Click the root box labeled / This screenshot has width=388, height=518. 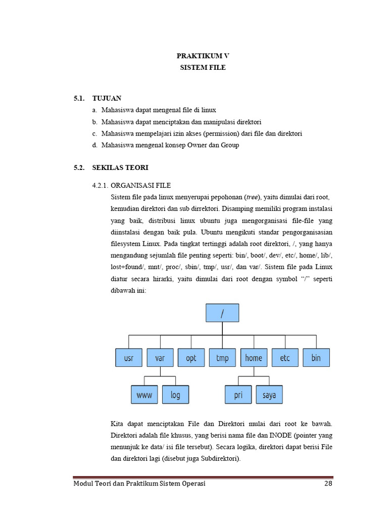coord(222,313)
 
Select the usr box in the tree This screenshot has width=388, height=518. coord(129,358)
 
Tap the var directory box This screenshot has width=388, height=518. coord(160,358)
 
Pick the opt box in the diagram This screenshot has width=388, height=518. coord(191,358)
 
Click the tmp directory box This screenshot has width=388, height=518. coord(222,358)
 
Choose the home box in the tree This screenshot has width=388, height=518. coord(254,358)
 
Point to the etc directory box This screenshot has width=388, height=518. coord(285,358)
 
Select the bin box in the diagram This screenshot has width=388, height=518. coord(316,358)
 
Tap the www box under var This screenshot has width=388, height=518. coord(144,395)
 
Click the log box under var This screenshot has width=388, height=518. coord(175,395)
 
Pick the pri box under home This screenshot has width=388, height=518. coord(238,395)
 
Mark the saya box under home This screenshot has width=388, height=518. coord(269,395)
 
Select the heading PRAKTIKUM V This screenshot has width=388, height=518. coord(203,56)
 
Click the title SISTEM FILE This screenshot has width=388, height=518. coord(203,68)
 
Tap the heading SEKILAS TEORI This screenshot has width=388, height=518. coord(120,167)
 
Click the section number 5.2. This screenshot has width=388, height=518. coord(80,167)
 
